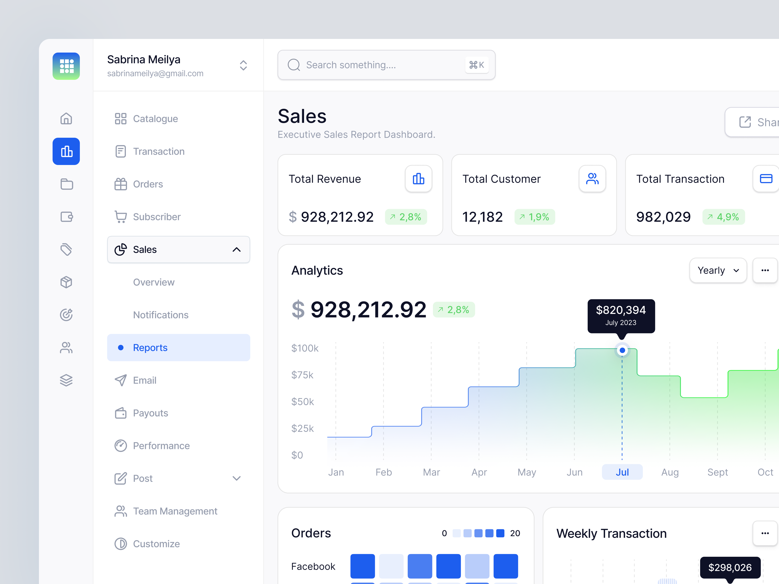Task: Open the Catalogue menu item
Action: [x=155, y=119]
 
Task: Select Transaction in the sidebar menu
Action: [x=158, y=151]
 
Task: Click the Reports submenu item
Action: [x=150, y=347]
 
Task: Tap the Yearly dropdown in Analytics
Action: [x=718, y=270]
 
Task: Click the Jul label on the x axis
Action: [x=622, y=472]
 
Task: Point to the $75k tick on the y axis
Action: [x=302, y=375]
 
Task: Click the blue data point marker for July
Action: [x=622, y=350]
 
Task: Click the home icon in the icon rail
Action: [x=66, y=119]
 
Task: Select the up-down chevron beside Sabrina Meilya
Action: [x=243, y=65]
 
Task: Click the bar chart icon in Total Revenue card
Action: [x=418, y=179]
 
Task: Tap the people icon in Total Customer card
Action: [x=592, y=179]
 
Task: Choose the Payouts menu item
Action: [x=150, y=413]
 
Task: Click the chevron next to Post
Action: [x=237, y=478]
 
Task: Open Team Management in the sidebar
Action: [x=175, y=511]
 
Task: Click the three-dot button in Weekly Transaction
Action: [x=765, y=533]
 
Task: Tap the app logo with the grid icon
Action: [x=66, y=66]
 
